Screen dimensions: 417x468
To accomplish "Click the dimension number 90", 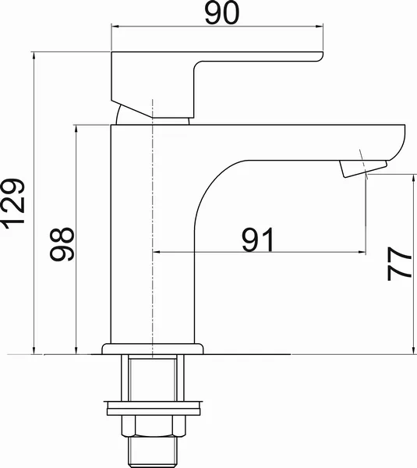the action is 222,12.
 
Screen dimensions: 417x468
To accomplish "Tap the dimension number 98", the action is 62,244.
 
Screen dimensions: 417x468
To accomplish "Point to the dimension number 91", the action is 257,239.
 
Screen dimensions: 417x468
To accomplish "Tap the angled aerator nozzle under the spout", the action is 363,168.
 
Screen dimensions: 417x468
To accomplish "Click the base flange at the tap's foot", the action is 153,349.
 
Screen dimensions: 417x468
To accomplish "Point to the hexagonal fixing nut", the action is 154,426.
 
